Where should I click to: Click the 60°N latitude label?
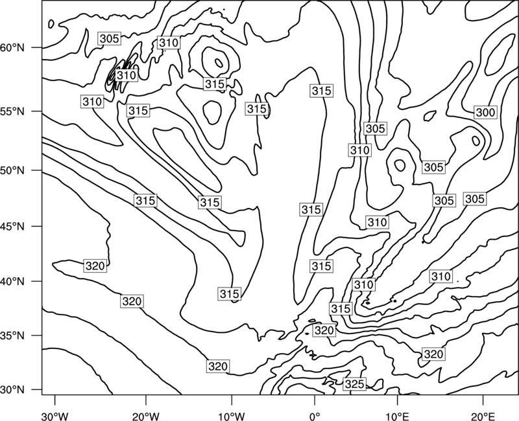click(x=12, y=48)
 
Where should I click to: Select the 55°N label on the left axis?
click(x=12, y=111)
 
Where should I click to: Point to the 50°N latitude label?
click(x=12, y=170)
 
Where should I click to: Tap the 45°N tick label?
click(x=12, y=226)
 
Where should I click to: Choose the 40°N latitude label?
click(x=12, y=281)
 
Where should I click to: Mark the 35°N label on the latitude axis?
click(x=12, y=336)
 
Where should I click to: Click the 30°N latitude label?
click(x=12, y=390)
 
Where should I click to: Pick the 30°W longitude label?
click(x=54, y=416)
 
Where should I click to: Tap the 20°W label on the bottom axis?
click(x=145, y=416)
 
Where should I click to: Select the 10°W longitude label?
click(x=232, y=416)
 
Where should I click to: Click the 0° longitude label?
click(x=315, y=416)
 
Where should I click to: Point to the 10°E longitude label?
click(x=397, y=416)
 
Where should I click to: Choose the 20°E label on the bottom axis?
click(x=483, y=416)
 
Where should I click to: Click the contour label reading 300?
click(x=485, y=112)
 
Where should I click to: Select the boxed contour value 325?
click(x=354, y=384)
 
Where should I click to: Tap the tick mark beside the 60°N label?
click(x=37, y=48)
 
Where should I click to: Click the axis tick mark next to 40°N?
click(x=37, y=281)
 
